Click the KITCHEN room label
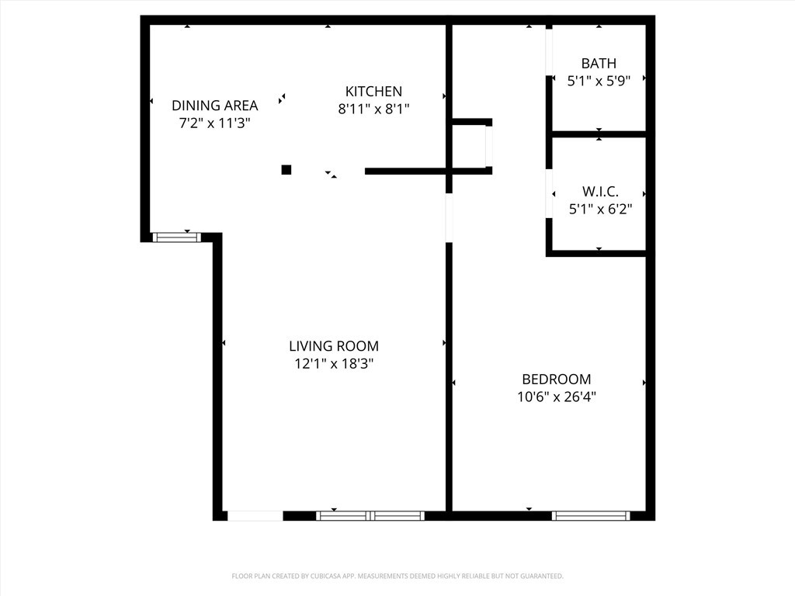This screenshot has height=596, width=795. click(373, 92)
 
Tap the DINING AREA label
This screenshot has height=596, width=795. click(215, 106)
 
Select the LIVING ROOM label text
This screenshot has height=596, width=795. click(334, 346)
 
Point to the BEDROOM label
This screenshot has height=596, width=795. click(556, 379)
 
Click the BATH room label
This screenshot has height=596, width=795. click(599, 64)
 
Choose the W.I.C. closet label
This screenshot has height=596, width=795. click(600, 192)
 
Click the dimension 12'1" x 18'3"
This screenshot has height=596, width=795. click(334, 363)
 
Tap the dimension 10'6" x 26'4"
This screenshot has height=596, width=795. click(556, 397)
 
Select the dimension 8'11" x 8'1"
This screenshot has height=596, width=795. click(373, 109)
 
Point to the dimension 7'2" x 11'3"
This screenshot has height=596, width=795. click(215, 123)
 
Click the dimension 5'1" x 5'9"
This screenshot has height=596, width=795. click(599, 81)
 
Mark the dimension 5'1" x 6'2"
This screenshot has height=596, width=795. click(600, 209)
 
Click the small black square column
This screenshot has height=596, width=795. click(286, 170)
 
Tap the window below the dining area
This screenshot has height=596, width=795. click(177, 237)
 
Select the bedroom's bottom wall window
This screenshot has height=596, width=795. click(591, 516)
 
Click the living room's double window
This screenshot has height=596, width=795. click(370, 516)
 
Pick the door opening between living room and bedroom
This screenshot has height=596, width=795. click(449, 218)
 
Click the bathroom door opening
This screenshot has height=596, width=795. click(549, 50)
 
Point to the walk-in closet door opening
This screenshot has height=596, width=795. click(549, 193)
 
